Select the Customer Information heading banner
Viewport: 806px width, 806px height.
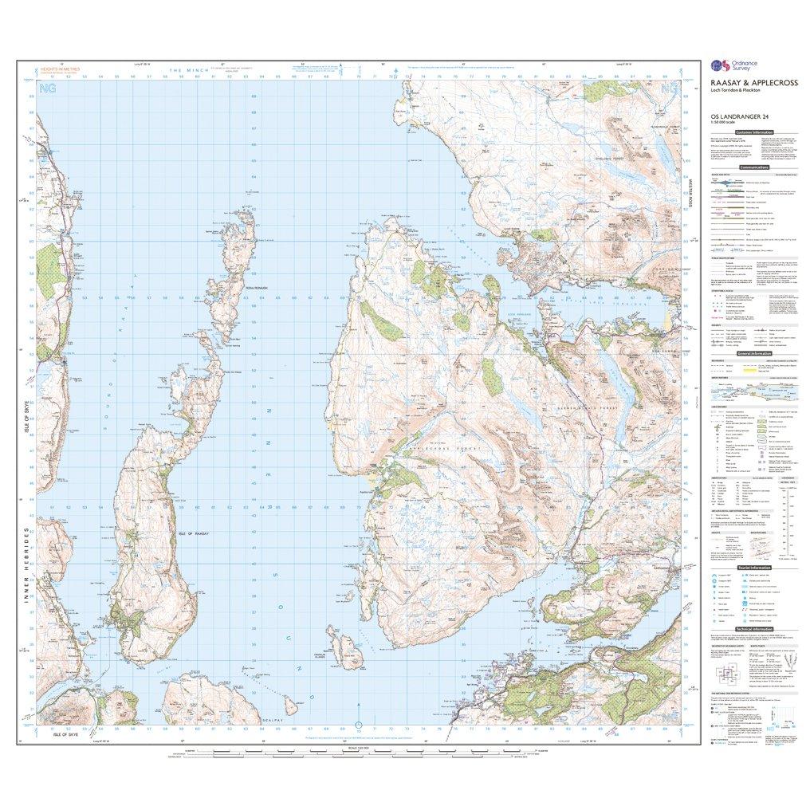pos(753,132)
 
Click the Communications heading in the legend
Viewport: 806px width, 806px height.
pos(753,167)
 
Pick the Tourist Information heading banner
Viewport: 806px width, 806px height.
pos(753,567)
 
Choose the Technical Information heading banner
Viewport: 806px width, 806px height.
pos(753,628)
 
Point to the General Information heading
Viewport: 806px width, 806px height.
pos(753,353)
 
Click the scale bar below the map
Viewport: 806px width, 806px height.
pos(356,753)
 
